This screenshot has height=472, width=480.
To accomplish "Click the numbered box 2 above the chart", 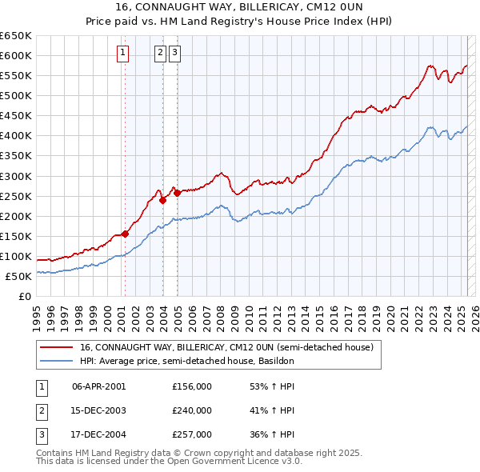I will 160,54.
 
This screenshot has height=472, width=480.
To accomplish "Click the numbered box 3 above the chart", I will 174,54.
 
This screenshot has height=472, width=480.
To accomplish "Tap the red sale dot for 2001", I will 125,234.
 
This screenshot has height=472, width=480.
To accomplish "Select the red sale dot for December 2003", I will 162,200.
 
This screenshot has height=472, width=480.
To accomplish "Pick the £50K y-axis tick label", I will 19,276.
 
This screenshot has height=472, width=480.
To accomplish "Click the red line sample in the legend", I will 57,348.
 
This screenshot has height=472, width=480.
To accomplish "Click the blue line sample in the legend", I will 57,361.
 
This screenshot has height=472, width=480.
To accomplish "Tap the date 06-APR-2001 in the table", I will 99,386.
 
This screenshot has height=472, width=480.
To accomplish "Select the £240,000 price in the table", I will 192,410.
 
